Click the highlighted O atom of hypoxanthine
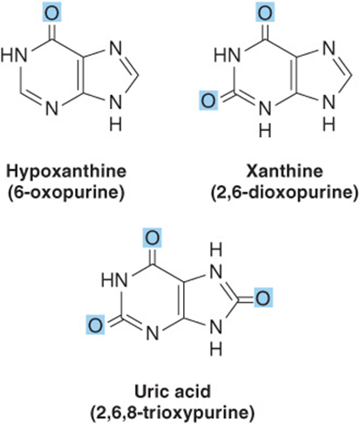(x=52, y=12)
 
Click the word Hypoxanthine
(x=66, y=172)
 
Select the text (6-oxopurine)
(x=66, y=193)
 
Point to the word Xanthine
(x=284, y=171)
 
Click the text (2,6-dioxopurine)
(x=284, y=193)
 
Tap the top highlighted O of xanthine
(x=265, y=12)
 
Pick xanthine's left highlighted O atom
(x=208, y=100)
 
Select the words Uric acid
(x=173, y=391)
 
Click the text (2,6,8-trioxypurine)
(x=173, y=413)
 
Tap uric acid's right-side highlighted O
(x=263, y=297)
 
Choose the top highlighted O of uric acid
(x=153, y=238)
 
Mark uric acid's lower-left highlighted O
(x=96, y=325)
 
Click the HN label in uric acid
(x=114, y=281)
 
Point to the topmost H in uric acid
(x=215, y=250)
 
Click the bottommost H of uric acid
(x=215, y=349)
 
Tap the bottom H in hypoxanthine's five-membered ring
(x=116, y=125)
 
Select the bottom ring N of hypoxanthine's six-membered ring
(x=52, y=108)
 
